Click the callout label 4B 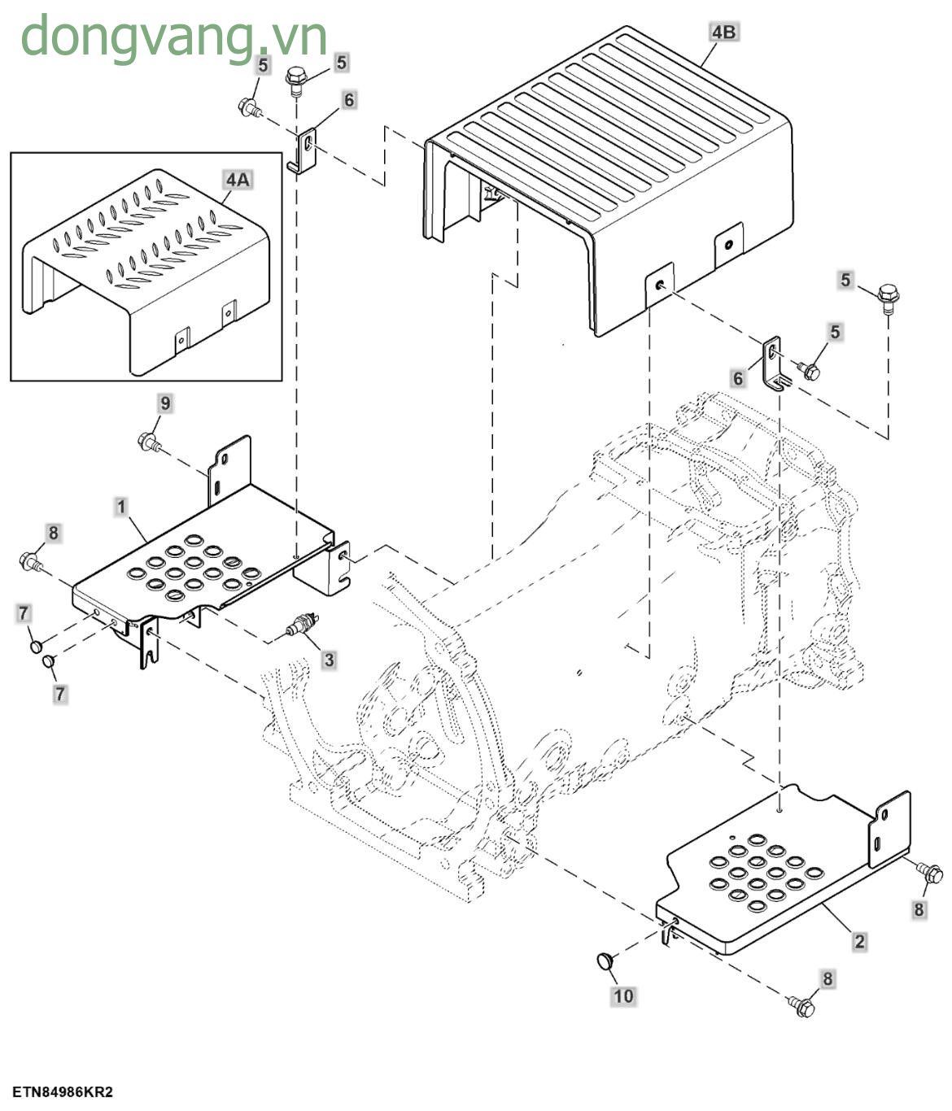[x=723, y=32]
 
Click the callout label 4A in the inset [x=238, y=179]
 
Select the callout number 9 [x=165, y=403]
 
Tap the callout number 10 [x=623, y=996]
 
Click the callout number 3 [x=329, y=660]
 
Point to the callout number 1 [x=121, y=508]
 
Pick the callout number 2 [x=859, y=943]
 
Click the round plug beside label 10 [x=605, y=961]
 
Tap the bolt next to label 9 [x=149, y=442]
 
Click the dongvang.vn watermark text [x=173, y=37]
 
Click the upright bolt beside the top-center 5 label [x=295, y=81]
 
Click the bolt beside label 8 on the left [x=31, y=560]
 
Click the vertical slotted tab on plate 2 [x=889, y=828]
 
